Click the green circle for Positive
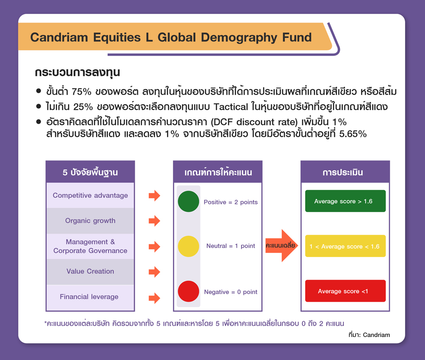[x=188, y=201]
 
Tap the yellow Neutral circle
[x=188, y=247]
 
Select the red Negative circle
[x=188, y=292]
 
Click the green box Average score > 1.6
[x=345, y=201]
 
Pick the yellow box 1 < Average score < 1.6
[x=345, y=246]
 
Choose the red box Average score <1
[x=345, y=291]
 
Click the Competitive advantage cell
[x=90, y=196]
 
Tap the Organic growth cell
[x=90, y=221]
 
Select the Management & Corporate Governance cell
[x=90, y=246]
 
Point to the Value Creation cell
[x=90, y=271]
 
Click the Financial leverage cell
[x=90, y=297]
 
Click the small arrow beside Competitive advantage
[x=155, y=196]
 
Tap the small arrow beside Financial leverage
[x=155, y=298]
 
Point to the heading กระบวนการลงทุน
[x=77, y=73]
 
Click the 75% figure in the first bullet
[x=81, y=92]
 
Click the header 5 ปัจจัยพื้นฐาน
[x=90, y=173]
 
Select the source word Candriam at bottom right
[x=377, y=335]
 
